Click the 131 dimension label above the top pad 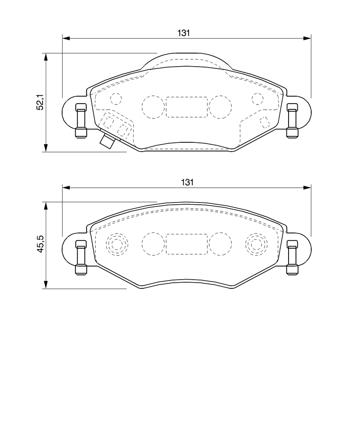[183, 33]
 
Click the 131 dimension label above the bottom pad [187, 182]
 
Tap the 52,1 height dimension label [40, 102]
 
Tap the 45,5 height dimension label [40, 244]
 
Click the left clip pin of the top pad [81, 121]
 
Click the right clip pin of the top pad [292, 121]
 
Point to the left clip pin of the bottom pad [81, 257]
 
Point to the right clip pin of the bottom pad [292, 257]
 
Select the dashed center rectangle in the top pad [187, 107]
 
